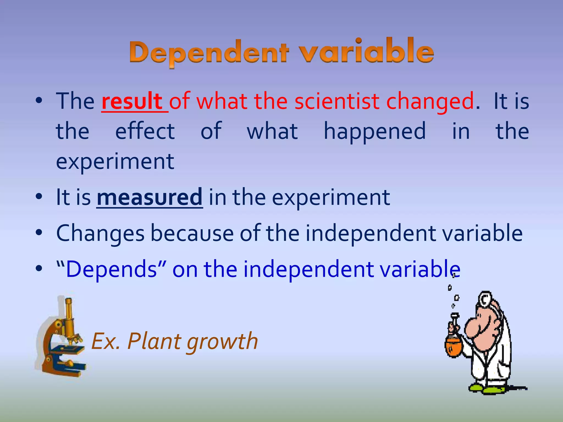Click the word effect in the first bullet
point(145,131)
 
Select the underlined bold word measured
point(150,197)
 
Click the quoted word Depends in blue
point(111,269)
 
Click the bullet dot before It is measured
point(39,197)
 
